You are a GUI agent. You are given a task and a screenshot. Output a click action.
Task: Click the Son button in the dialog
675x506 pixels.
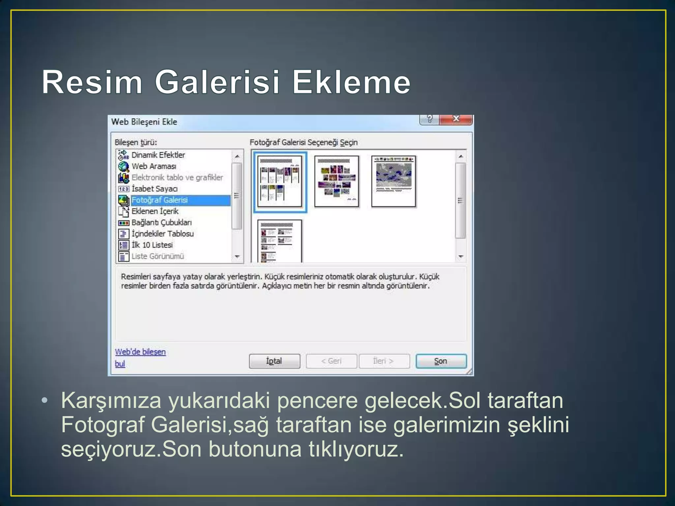click(x=441, y=361)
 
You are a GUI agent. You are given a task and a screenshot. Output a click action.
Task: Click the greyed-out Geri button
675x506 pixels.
click(x=331, y=361)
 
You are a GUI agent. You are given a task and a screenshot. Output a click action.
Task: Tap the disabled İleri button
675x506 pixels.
click(x=384, y=361)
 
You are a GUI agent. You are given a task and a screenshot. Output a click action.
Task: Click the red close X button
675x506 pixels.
click(x=456, y=119)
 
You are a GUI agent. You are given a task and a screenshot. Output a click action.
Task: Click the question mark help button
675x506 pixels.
click(x=429, y=119)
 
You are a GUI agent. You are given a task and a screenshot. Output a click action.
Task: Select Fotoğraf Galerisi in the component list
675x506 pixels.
click(x=160, y=200)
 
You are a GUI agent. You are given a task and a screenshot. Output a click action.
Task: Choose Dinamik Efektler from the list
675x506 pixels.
click(x=158, y=155)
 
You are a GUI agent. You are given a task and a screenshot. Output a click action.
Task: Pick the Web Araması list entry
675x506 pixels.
click(x=154, y=166)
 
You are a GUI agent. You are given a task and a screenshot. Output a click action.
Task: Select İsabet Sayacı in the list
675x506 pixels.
click(x=155, y=189)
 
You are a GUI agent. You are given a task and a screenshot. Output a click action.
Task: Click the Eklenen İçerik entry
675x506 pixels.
click(x=155, y=211)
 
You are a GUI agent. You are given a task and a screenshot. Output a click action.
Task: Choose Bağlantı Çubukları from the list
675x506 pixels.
click(x=161, y=222)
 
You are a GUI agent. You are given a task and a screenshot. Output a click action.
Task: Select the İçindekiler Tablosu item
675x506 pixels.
click(x=162, y=234)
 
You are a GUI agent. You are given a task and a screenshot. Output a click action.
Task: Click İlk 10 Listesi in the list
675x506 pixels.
click(x=152, y=245)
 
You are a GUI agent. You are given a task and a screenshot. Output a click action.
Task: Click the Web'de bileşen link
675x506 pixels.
click(x=140, y=352)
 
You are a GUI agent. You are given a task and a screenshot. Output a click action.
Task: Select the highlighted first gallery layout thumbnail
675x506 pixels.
click(x=280, y=182)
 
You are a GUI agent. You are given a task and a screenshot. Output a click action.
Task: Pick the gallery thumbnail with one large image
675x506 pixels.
click(x=394, y=182)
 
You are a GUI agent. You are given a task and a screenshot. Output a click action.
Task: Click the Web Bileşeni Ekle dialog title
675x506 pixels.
click(x=144, y=122)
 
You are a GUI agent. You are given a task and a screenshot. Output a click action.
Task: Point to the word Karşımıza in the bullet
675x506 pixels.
click(x=111, y=401)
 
